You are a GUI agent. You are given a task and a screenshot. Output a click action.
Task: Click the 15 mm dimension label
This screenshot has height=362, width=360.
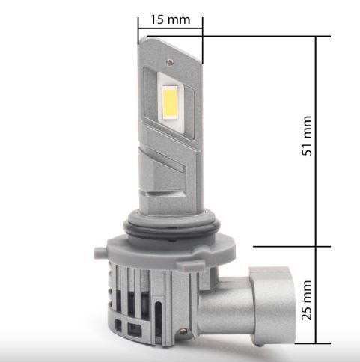click(x=169, y=19)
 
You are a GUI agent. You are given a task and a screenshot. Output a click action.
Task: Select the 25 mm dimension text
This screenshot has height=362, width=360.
click(x=306, y=298)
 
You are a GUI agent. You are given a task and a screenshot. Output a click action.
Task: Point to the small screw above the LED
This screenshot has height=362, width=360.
click(x=173, y=55)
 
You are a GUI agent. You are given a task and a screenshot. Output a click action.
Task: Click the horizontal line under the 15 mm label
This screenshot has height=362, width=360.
click(x=170, y=30)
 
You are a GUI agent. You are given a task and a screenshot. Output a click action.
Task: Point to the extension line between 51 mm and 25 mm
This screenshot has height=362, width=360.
click(x=292, y=245)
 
